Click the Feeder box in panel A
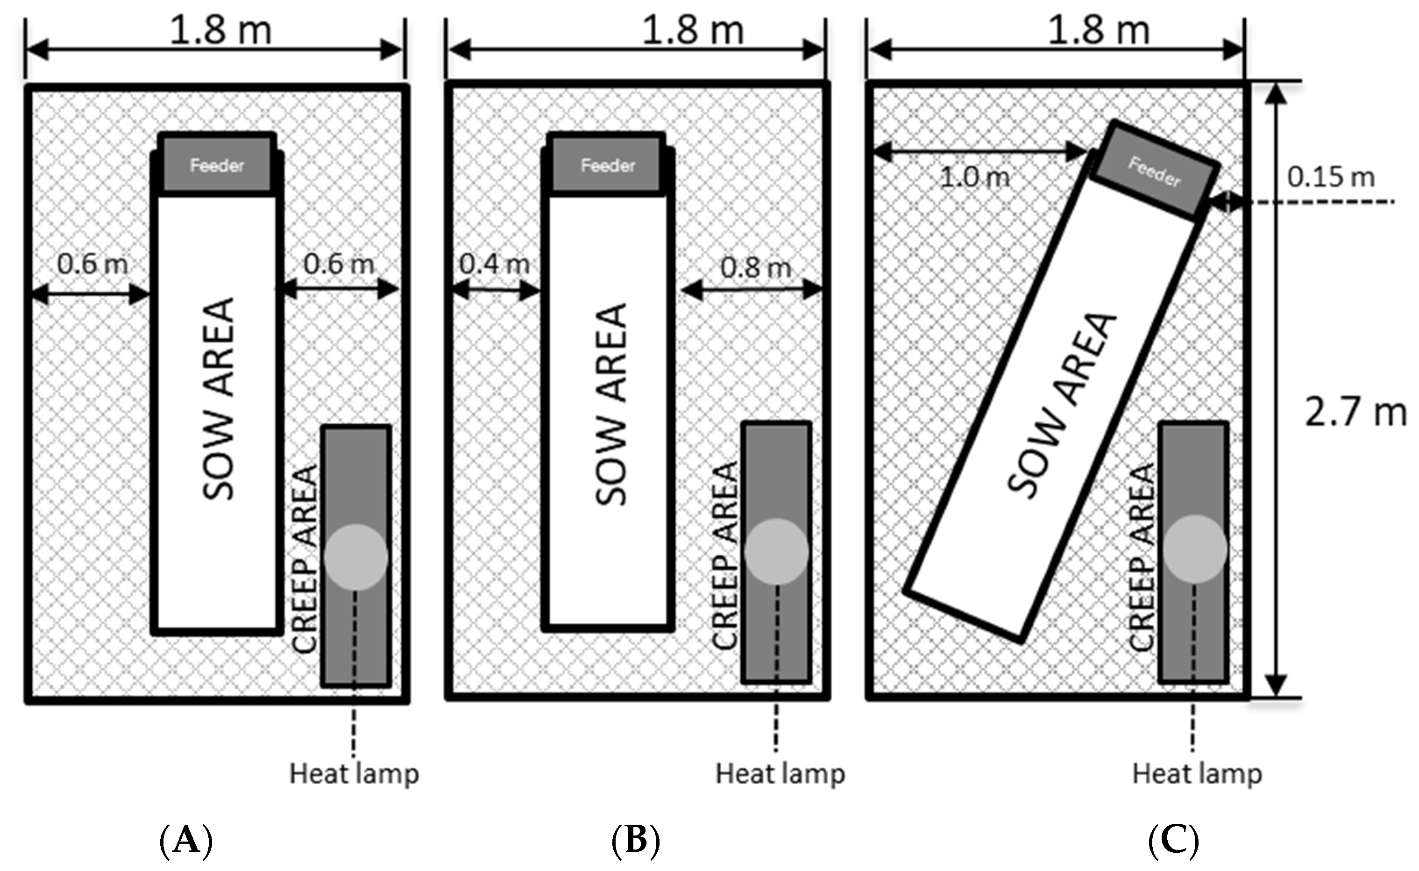pyautogui.click(x=217, y=165)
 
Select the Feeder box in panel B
pyautogui.click(x=608, y=165)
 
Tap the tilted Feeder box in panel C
pyautogui.click(x=1155, y=171)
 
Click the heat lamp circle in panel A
pyautogui.click(x=356, y=557)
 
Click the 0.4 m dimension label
pyautogui.click(x=495, y=264)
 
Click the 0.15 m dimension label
pyautogui.click(x=1331, y=177)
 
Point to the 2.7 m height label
pyautogui.click(x=1355, y=413)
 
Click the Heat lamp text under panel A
pyautogui.click(x=354, y=774)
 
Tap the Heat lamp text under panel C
pyautogui.click(x=1197, y=774)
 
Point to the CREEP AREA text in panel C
pyautogui.click(x=1142, y=557)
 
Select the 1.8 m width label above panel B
pyautogui.click(x=693, y=30)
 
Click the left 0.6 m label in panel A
pyautogui.click(x=92, y=264)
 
